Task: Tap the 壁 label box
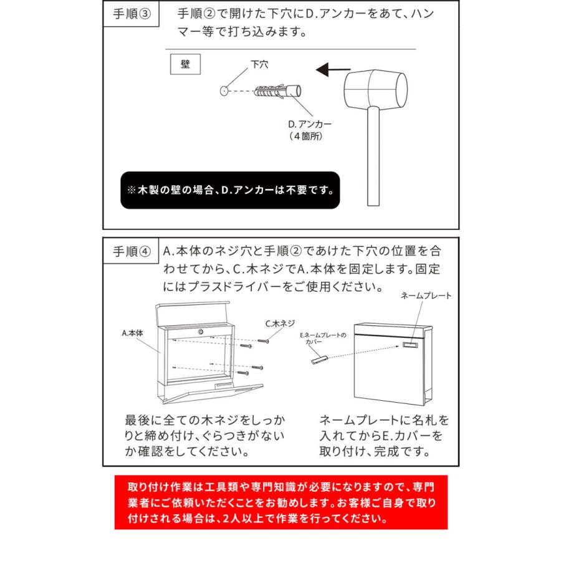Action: click(185, 64)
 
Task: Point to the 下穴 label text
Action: click(259, 64)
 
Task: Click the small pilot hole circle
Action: click(224, 90)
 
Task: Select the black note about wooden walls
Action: click(230, 190)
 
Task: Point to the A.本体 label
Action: click(132, 333)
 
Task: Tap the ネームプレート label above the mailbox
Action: click(426, 296)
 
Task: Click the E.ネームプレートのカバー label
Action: click(321, 338)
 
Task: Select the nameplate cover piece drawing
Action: click(318, 360)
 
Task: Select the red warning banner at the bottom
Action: click(280, 502)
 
